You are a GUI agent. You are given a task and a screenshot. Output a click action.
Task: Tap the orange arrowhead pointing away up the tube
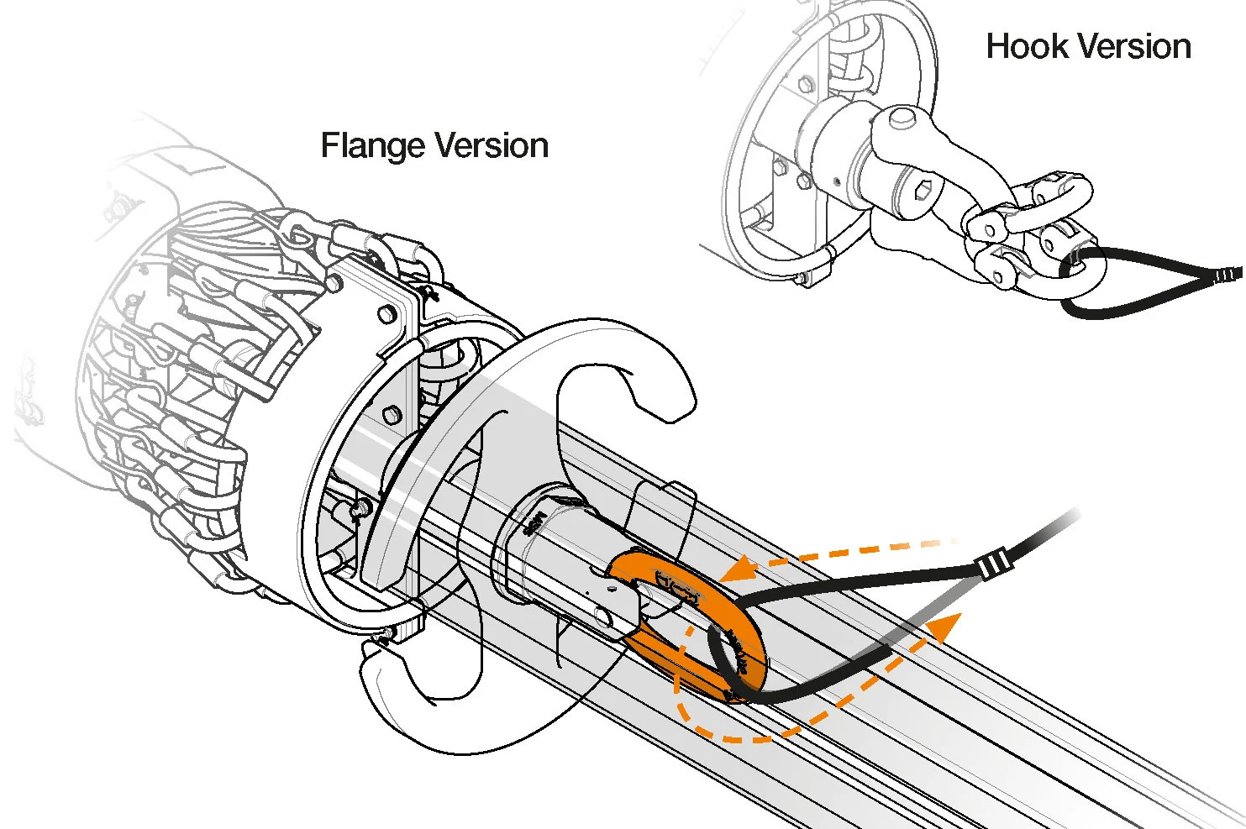[x=946, y=627]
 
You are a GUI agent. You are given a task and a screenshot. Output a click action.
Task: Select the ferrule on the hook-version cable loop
[x=1228, y=275]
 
